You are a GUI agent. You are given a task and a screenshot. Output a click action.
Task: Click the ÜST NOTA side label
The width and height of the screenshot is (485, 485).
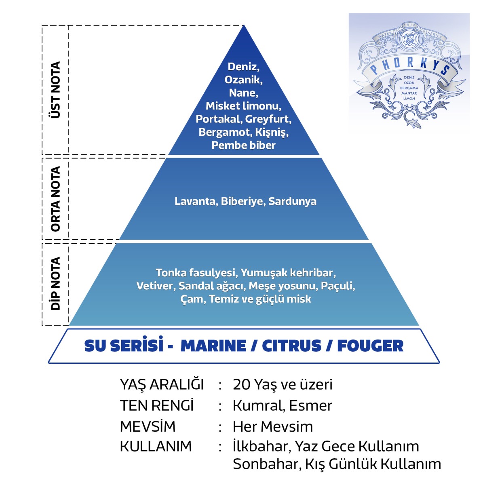point(55,90)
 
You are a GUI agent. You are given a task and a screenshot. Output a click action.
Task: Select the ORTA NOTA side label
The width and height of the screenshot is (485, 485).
point(55,199)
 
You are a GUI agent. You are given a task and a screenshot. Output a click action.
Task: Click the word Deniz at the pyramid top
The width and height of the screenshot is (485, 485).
point(243,67)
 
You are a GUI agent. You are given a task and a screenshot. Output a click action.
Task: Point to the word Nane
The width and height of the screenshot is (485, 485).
point(243,93)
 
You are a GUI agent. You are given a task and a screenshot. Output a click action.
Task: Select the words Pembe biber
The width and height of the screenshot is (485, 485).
point(243,145)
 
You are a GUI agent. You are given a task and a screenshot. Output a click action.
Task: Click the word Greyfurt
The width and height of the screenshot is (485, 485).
point(268,119)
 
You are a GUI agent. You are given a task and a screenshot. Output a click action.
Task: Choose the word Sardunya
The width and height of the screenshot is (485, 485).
point(292,201)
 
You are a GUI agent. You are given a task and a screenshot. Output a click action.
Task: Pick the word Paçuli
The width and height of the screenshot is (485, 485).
point(337,286)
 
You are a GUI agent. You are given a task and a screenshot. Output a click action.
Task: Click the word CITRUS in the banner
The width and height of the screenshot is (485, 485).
point(291,346)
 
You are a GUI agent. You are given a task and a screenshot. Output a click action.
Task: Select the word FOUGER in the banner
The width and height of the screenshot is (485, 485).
point(370,346)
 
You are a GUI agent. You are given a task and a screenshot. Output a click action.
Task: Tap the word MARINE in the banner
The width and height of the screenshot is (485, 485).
point(213,346)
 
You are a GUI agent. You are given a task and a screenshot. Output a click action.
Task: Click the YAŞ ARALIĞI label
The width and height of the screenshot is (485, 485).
point(162,384)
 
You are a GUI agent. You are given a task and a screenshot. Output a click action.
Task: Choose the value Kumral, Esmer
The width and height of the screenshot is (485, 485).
point(282,406)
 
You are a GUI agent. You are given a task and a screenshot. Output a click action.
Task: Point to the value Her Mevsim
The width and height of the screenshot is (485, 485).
point(273,427)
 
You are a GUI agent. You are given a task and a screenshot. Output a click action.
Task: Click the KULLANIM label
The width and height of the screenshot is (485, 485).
point(156,447)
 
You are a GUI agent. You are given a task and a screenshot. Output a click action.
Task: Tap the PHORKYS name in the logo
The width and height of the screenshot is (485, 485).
point(410,66)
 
